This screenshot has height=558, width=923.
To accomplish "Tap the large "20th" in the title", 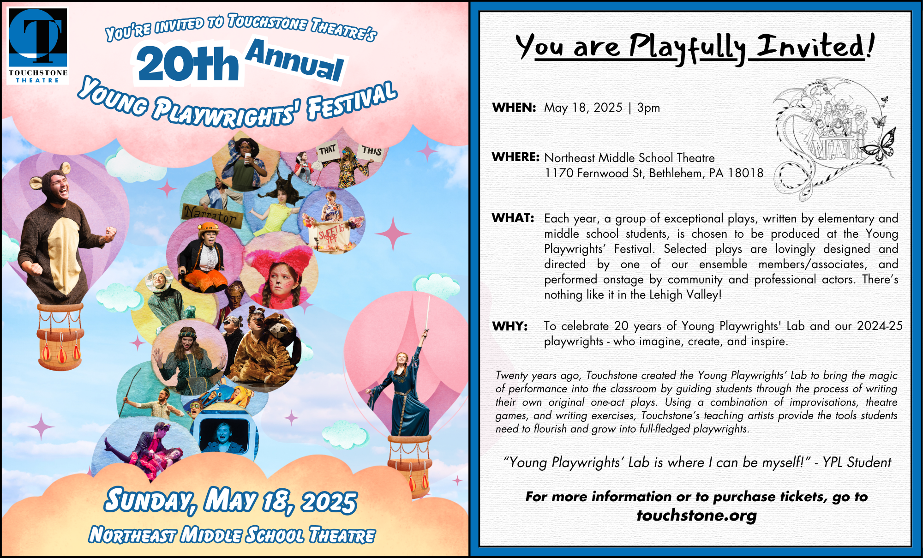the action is [x=188, y=64].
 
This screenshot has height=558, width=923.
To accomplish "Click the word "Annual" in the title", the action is [x=295, y=60].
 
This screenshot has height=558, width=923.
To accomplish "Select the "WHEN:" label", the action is [x=514, y=108].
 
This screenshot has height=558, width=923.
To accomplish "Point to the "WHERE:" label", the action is [x=515, y=157].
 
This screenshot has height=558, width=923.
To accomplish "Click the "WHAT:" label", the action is [x=513, y=218].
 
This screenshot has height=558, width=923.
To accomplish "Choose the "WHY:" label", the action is [x=510, y=326].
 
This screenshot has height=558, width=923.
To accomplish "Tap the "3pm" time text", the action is [x=648, y=108].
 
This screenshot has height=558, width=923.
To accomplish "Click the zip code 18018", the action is [x=746, y=173].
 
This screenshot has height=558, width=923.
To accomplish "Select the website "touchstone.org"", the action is [x=696, y=515].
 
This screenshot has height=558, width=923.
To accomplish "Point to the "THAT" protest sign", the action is [x=328, y=150].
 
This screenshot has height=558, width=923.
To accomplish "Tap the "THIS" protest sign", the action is [x=371, y=151].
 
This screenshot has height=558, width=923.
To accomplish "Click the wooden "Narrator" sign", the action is [x=212, y=215].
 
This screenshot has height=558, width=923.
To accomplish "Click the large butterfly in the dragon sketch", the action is [x=878, y=145].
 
